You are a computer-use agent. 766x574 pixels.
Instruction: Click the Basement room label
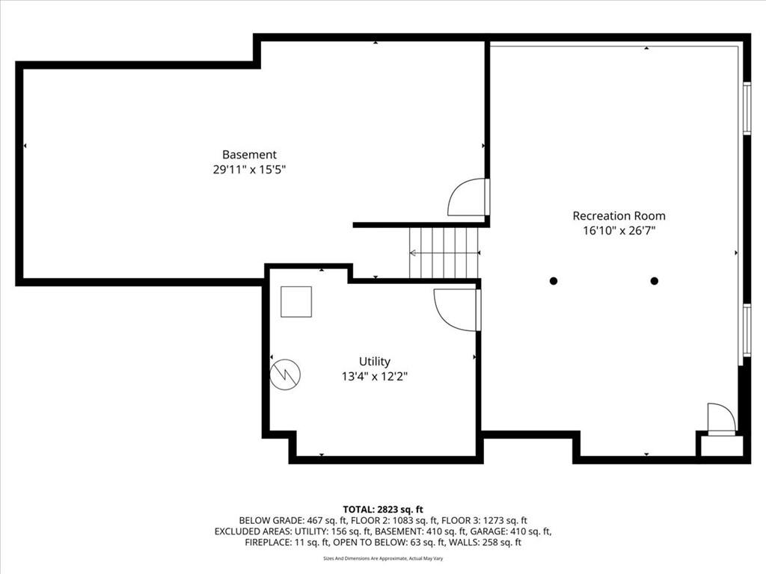click(249, 155)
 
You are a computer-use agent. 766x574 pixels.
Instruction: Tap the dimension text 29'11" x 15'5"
click(249, 170)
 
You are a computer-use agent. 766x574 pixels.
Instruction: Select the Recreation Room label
click(619, 216)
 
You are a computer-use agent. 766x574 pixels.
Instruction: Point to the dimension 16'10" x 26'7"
click(619, 230)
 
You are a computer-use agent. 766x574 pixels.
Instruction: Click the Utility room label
click(375, 362)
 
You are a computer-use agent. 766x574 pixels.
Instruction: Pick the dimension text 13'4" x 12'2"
click(375, 377)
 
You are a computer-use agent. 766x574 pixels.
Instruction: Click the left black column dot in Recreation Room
click(554, 281)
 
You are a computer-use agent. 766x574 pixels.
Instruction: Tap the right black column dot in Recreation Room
click(654, 281)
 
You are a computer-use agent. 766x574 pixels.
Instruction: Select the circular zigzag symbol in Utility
click(285, 374)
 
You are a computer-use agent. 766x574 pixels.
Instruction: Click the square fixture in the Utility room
click(296, 302)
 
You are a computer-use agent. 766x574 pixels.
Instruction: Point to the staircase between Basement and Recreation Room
click(444, 253)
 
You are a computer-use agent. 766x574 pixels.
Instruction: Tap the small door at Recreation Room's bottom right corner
click(722, 419)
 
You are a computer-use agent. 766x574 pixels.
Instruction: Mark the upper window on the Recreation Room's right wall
click(747, 108)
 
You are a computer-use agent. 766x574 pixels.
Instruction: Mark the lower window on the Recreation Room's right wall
click(747, 330)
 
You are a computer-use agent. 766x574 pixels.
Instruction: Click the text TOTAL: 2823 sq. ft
click(383, 510)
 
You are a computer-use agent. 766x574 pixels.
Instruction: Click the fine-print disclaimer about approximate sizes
click(383, 558)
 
